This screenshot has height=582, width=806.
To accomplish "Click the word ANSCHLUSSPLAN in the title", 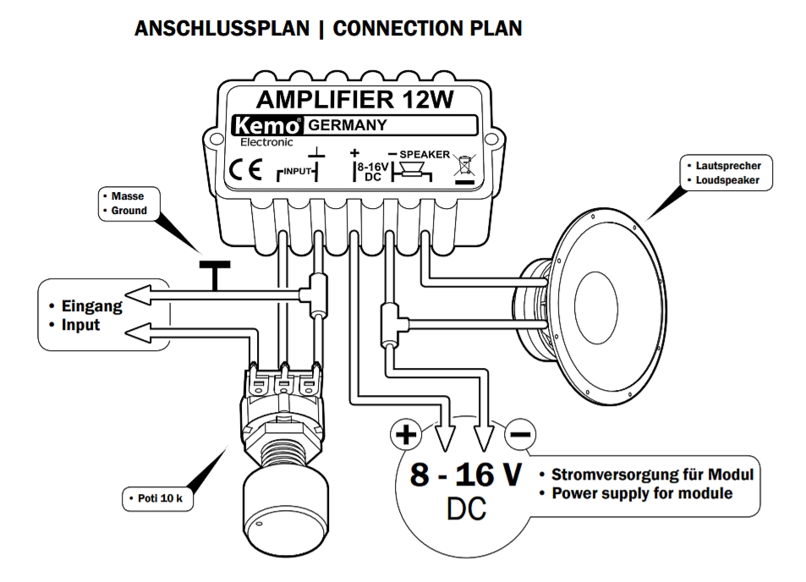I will point(222,29).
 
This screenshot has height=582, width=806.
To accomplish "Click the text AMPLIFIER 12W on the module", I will point(354,100).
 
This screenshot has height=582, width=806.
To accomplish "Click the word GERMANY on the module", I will point(347,126).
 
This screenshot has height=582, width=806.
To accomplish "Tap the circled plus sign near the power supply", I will point(406,435).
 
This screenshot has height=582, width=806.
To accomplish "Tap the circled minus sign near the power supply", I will point(519,435).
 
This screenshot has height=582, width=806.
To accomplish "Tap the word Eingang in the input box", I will point(91,306).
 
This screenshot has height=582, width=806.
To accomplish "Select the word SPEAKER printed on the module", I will point(425,154).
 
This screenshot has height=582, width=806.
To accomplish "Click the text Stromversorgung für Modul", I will point(651,475).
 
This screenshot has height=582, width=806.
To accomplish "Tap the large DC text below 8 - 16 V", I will point(466,510).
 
